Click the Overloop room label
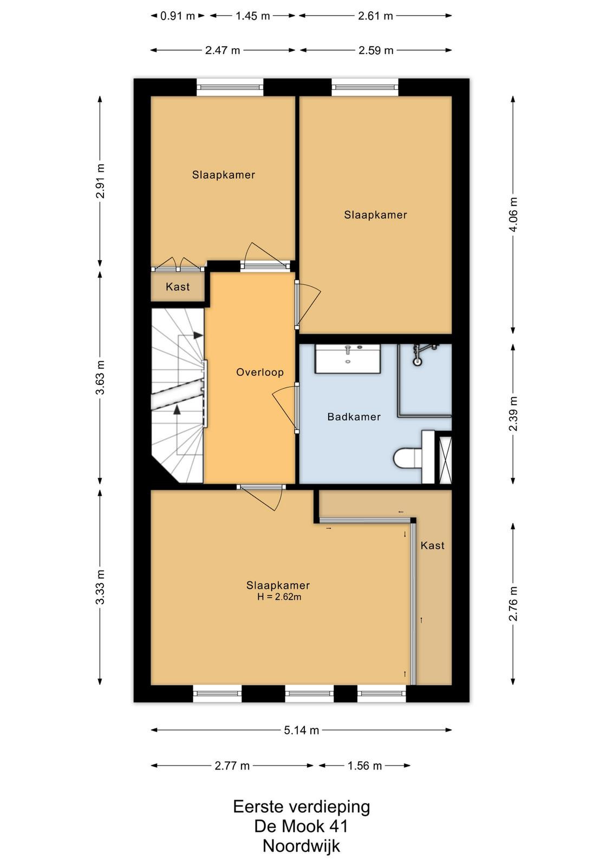click(260, 372)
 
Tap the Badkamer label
click(354, 417)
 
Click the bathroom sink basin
click(348, 359)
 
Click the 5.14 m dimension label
click(301, 730)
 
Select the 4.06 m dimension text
click(513, 214)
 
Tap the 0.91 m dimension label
click(178, 16)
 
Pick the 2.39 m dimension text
click(513, 414)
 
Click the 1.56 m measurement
click(364, 766)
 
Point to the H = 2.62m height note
click(279, 597)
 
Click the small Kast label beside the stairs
click(178, 287)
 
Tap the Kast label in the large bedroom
click(432, 545)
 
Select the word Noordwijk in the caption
click(301, 846)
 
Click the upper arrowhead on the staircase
click(198, 335)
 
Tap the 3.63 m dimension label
click(100, 377)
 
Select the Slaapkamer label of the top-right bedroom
click(375, 215)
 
